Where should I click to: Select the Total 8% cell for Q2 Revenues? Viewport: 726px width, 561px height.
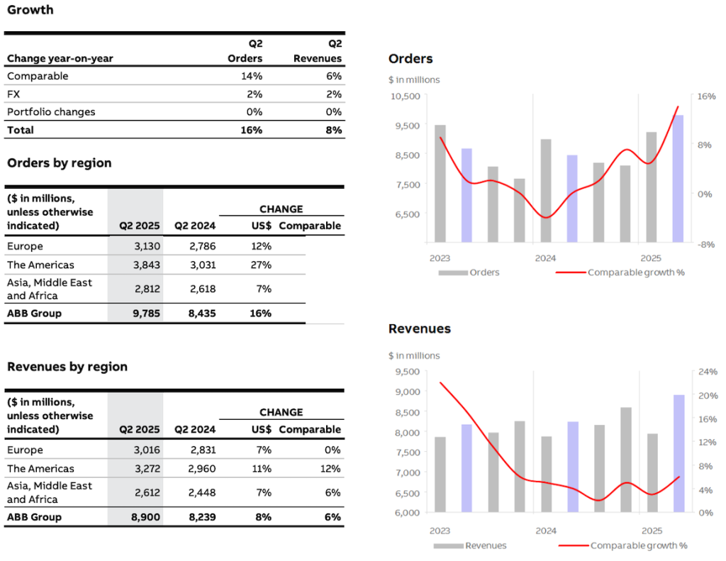click(333, 130)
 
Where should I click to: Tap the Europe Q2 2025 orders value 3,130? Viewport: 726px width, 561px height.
click(147, 246)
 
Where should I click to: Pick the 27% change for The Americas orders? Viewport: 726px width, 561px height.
click(261, 265)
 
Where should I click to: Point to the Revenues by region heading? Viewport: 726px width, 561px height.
click(67, 367)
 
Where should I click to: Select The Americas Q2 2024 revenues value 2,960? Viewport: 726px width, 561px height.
click(202, 469)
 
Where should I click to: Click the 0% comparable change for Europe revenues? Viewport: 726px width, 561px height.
click(333, 450)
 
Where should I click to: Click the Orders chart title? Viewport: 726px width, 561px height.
click(411, 59)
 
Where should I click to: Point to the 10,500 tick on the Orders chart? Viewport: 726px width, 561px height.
click(405, 96)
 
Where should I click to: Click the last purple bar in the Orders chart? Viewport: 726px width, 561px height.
click(678, 178)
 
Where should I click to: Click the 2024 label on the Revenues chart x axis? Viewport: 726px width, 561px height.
click(545, 531)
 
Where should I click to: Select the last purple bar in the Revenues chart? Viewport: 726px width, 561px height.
click(678, 453)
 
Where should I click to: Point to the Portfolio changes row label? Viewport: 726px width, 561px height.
click(51, 112)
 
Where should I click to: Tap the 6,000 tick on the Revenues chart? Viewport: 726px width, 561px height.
click(408, 513)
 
